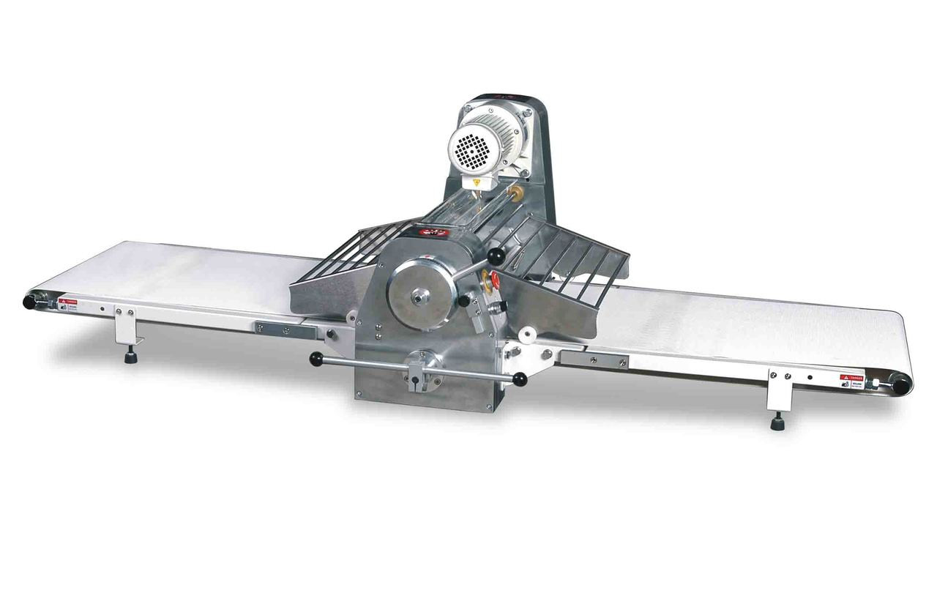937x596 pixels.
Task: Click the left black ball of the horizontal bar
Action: (316, 358)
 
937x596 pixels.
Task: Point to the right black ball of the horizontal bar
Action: (519, 379)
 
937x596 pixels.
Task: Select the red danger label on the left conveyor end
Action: (67, 300)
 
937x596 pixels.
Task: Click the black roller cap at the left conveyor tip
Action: (31, 301)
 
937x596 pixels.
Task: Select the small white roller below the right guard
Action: (524, 337)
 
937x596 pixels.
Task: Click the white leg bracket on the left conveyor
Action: (125, 322)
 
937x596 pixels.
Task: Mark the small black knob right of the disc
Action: (463, 301)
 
